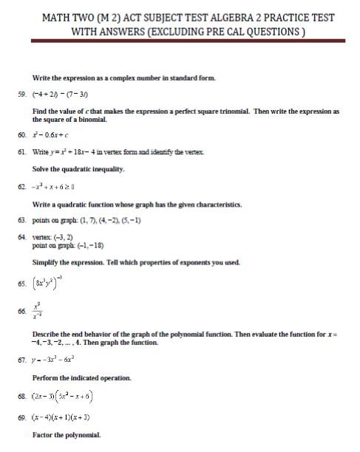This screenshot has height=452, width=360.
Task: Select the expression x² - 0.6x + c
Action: point(53,136)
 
